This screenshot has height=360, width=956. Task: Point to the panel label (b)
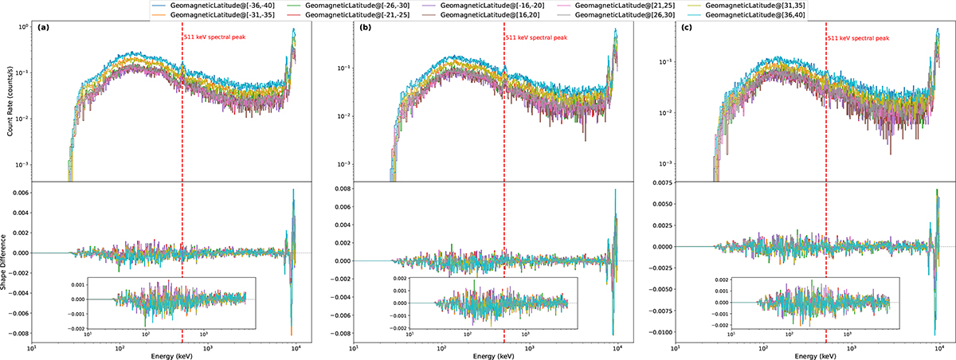pyautogui.click(x=365, y=29)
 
